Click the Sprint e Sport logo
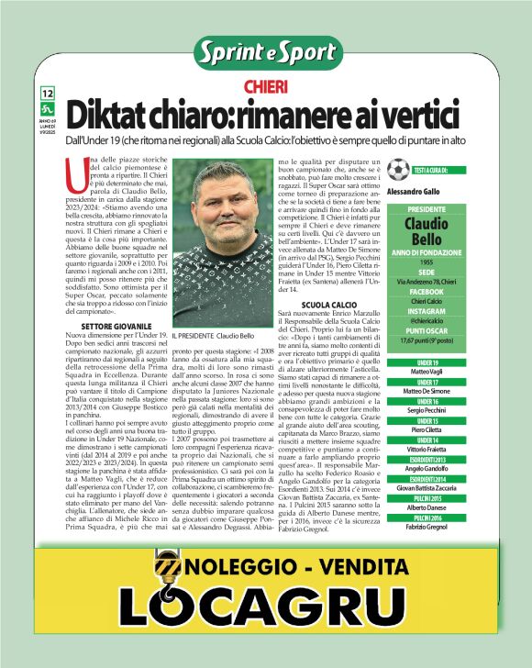pyautogui.click(x=266, y=52)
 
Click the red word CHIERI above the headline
pyautogui.click(x=266, y=87)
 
